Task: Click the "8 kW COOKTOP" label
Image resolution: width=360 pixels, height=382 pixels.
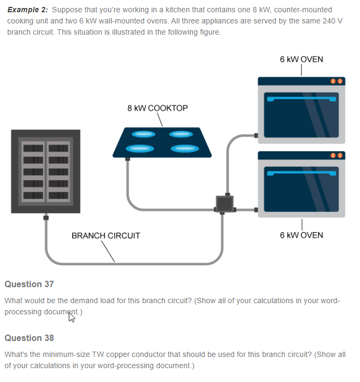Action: (x=157, y=108)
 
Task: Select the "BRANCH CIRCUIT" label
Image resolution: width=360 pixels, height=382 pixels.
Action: (x=106, y=235)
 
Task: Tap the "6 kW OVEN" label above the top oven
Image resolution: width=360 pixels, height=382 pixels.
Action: (x=301, y=59)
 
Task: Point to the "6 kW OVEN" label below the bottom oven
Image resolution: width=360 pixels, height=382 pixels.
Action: (x=301, y=235)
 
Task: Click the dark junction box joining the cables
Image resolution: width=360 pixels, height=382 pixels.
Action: (x=224, y=204)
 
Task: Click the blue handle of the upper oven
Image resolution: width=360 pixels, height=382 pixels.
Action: (x=302, y=99)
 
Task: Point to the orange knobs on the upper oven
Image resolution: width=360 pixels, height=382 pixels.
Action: (x=336, y=82)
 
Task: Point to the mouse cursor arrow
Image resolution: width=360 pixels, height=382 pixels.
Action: (x=71, y=318)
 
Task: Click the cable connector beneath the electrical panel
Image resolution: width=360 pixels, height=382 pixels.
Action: (x=46, y=218)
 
